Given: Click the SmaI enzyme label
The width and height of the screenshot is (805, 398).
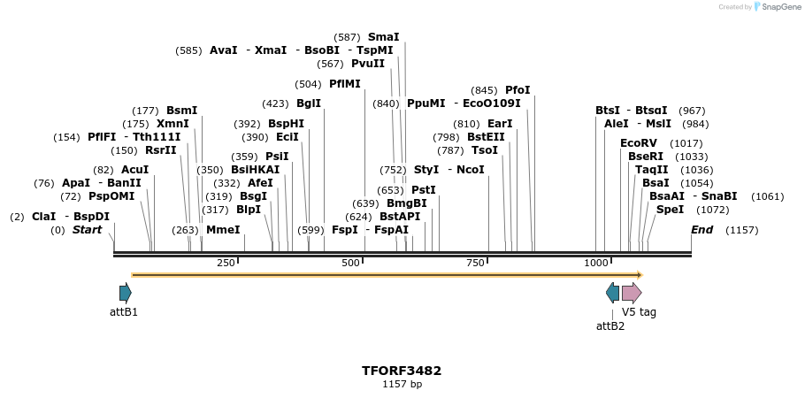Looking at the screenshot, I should click(383, 37).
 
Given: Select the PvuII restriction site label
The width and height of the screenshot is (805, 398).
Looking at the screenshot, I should click(368, 64).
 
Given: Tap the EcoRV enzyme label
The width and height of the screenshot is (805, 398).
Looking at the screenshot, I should click(639, 143).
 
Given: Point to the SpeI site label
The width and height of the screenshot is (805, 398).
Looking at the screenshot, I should click(670, 210).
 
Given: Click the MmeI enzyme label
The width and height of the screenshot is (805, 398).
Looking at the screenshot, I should click(223, 230).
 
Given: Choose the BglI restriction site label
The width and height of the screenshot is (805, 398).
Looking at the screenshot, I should click(309, 103).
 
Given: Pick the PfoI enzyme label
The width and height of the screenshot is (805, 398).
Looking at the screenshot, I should click(517, 90).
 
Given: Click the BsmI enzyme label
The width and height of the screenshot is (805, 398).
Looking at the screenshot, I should click(182, 111).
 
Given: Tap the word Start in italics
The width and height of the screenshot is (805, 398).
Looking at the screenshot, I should click(87, 230).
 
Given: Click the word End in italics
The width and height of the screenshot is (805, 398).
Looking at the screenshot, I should click(701, 230).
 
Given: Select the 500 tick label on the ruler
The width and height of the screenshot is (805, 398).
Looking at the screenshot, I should click(351, 263).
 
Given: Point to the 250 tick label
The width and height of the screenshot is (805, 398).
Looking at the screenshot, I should click(226, 263).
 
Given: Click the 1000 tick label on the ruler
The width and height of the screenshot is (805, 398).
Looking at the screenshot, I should click(597, 263).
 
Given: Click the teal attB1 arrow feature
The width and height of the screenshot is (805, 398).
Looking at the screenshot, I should click(126, 293).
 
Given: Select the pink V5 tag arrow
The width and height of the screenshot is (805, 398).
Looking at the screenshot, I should click(632, 293).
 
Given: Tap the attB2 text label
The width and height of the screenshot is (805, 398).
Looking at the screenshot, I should click(610, 325).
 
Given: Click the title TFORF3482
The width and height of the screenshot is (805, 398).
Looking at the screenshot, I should click(402, 371).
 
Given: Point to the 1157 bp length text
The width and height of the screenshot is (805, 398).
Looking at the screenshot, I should click(402, 385).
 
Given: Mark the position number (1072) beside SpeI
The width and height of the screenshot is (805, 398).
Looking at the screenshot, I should click(713, 210).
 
